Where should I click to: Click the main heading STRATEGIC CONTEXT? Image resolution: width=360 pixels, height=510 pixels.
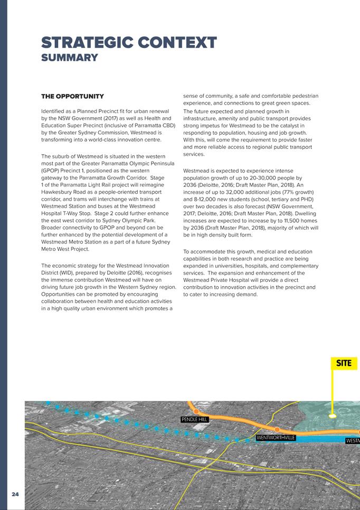coord(129,42)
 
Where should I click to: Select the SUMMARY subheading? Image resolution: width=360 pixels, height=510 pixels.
coord(69,58)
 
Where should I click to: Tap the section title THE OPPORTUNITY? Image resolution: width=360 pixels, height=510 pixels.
coord(72,96)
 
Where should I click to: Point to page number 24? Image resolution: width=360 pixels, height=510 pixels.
coord(15,494)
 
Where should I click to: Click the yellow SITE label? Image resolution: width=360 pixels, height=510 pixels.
coord(344,363)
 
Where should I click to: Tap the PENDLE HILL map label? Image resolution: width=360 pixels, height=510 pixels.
coord(195,420)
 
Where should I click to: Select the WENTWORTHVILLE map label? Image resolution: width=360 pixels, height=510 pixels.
coord(276,438)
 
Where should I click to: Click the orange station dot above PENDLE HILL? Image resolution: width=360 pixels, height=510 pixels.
coord(196,411)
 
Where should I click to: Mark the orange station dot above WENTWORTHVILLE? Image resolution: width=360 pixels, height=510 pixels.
coord(277,429)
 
